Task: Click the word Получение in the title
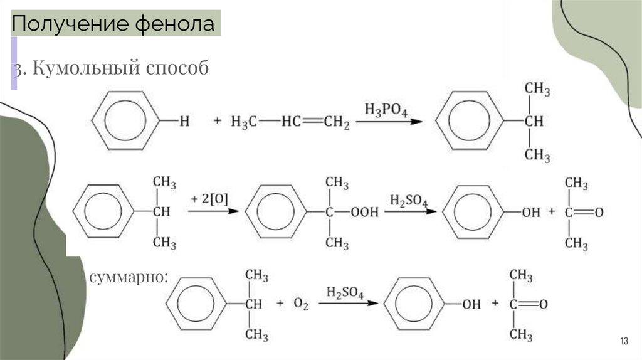[70, 24]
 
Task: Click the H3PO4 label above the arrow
[386, 111]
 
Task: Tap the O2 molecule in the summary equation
[301, 304]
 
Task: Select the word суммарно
[128, 277]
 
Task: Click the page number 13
[623, 341]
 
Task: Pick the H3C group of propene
[244, 122]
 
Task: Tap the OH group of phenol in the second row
[530, 213]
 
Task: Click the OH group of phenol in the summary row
[471, 304]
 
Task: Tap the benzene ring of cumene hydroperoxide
[275, 213]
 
